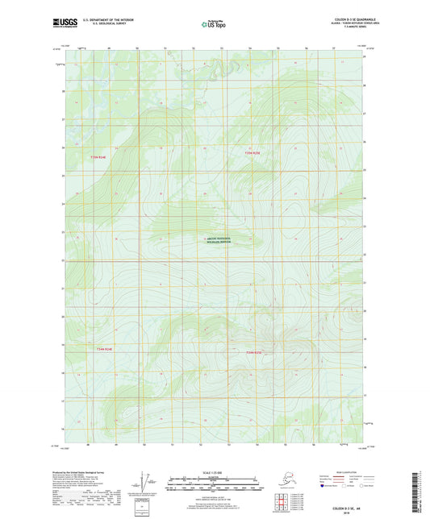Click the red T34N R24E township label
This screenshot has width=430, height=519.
tap(98, 157)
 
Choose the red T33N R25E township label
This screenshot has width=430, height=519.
tap(255, 353)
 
